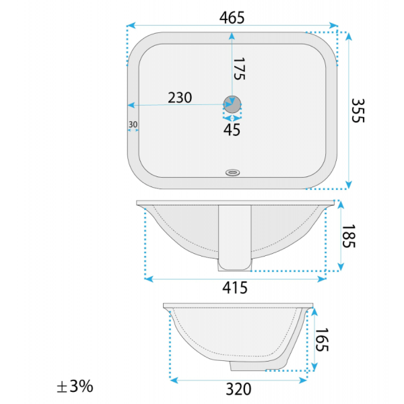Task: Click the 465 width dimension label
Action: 232,18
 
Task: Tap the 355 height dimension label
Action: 358,110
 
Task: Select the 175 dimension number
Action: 239,69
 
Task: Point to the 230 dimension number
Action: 180,98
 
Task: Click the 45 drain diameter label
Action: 232,130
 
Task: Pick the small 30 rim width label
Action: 133,125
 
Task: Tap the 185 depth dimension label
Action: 349,236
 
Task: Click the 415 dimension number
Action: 235,288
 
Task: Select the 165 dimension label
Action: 322,340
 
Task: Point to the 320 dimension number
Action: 238,389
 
